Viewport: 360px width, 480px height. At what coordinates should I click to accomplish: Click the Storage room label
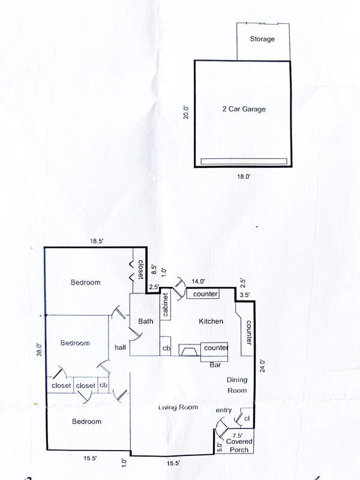point(262,39)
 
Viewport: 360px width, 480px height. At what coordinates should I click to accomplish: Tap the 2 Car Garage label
point(242,109)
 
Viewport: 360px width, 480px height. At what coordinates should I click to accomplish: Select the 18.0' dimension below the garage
point(242,178)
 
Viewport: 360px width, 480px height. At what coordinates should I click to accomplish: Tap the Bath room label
point(145,322)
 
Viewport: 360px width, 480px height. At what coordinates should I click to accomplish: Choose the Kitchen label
point(211,322)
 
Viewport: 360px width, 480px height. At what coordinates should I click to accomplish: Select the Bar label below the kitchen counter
point(214,364)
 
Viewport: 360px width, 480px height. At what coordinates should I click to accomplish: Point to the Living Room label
point(178,407)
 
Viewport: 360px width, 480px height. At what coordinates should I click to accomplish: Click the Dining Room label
point(236,385)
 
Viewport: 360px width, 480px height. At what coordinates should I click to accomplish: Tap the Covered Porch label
point(239,445)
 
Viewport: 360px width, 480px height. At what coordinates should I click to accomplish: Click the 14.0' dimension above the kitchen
point(198,281)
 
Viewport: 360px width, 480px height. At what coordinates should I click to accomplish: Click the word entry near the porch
point(224,410)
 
